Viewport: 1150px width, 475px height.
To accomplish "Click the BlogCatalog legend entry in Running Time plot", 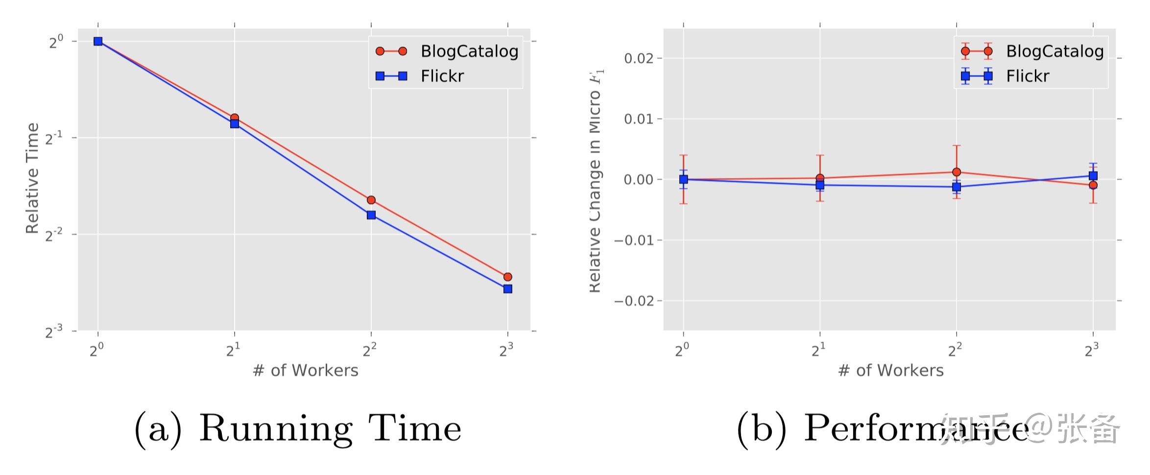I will [469, 51].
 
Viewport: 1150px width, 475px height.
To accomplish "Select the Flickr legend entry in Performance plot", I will [1027, 76].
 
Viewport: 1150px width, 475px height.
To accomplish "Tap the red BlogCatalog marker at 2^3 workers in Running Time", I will [507, 277].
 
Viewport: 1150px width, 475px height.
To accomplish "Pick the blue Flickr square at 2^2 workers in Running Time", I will [371, 215].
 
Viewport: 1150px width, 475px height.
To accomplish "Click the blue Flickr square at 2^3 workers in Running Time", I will [507, 289].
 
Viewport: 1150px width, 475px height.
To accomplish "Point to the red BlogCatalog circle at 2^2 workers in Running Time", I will [371, 200].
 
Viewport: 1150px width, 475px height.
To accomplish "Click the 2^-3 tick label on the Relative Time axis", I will [54, 332].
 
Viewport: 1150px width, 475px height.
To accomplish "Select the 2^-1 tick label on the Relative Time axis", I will [54, 139].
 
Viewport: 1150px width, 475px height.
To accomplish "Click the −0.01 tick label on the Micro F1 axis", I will [635, 241].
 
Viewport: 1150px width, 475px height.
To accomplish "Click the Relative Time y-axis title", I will [32, 178].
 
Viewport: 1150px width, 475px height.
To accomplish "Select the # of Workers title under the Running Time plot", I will [305, 371].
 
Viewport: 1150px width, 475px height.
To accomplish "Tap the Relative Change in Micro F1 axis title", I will [595, 181].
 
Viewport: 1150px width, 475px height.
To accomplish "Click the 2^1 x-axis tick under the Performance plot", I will [818, 350].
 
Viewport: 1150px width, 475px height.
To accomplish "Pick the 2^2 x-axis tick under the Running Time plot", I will [370, 350].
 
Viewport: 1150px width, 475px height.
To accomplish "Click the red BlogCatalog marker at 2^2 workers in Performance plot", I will [957, 172].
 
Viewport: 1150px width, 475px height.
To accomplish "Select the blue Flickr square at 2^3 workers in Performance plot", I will [1093, 176].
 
